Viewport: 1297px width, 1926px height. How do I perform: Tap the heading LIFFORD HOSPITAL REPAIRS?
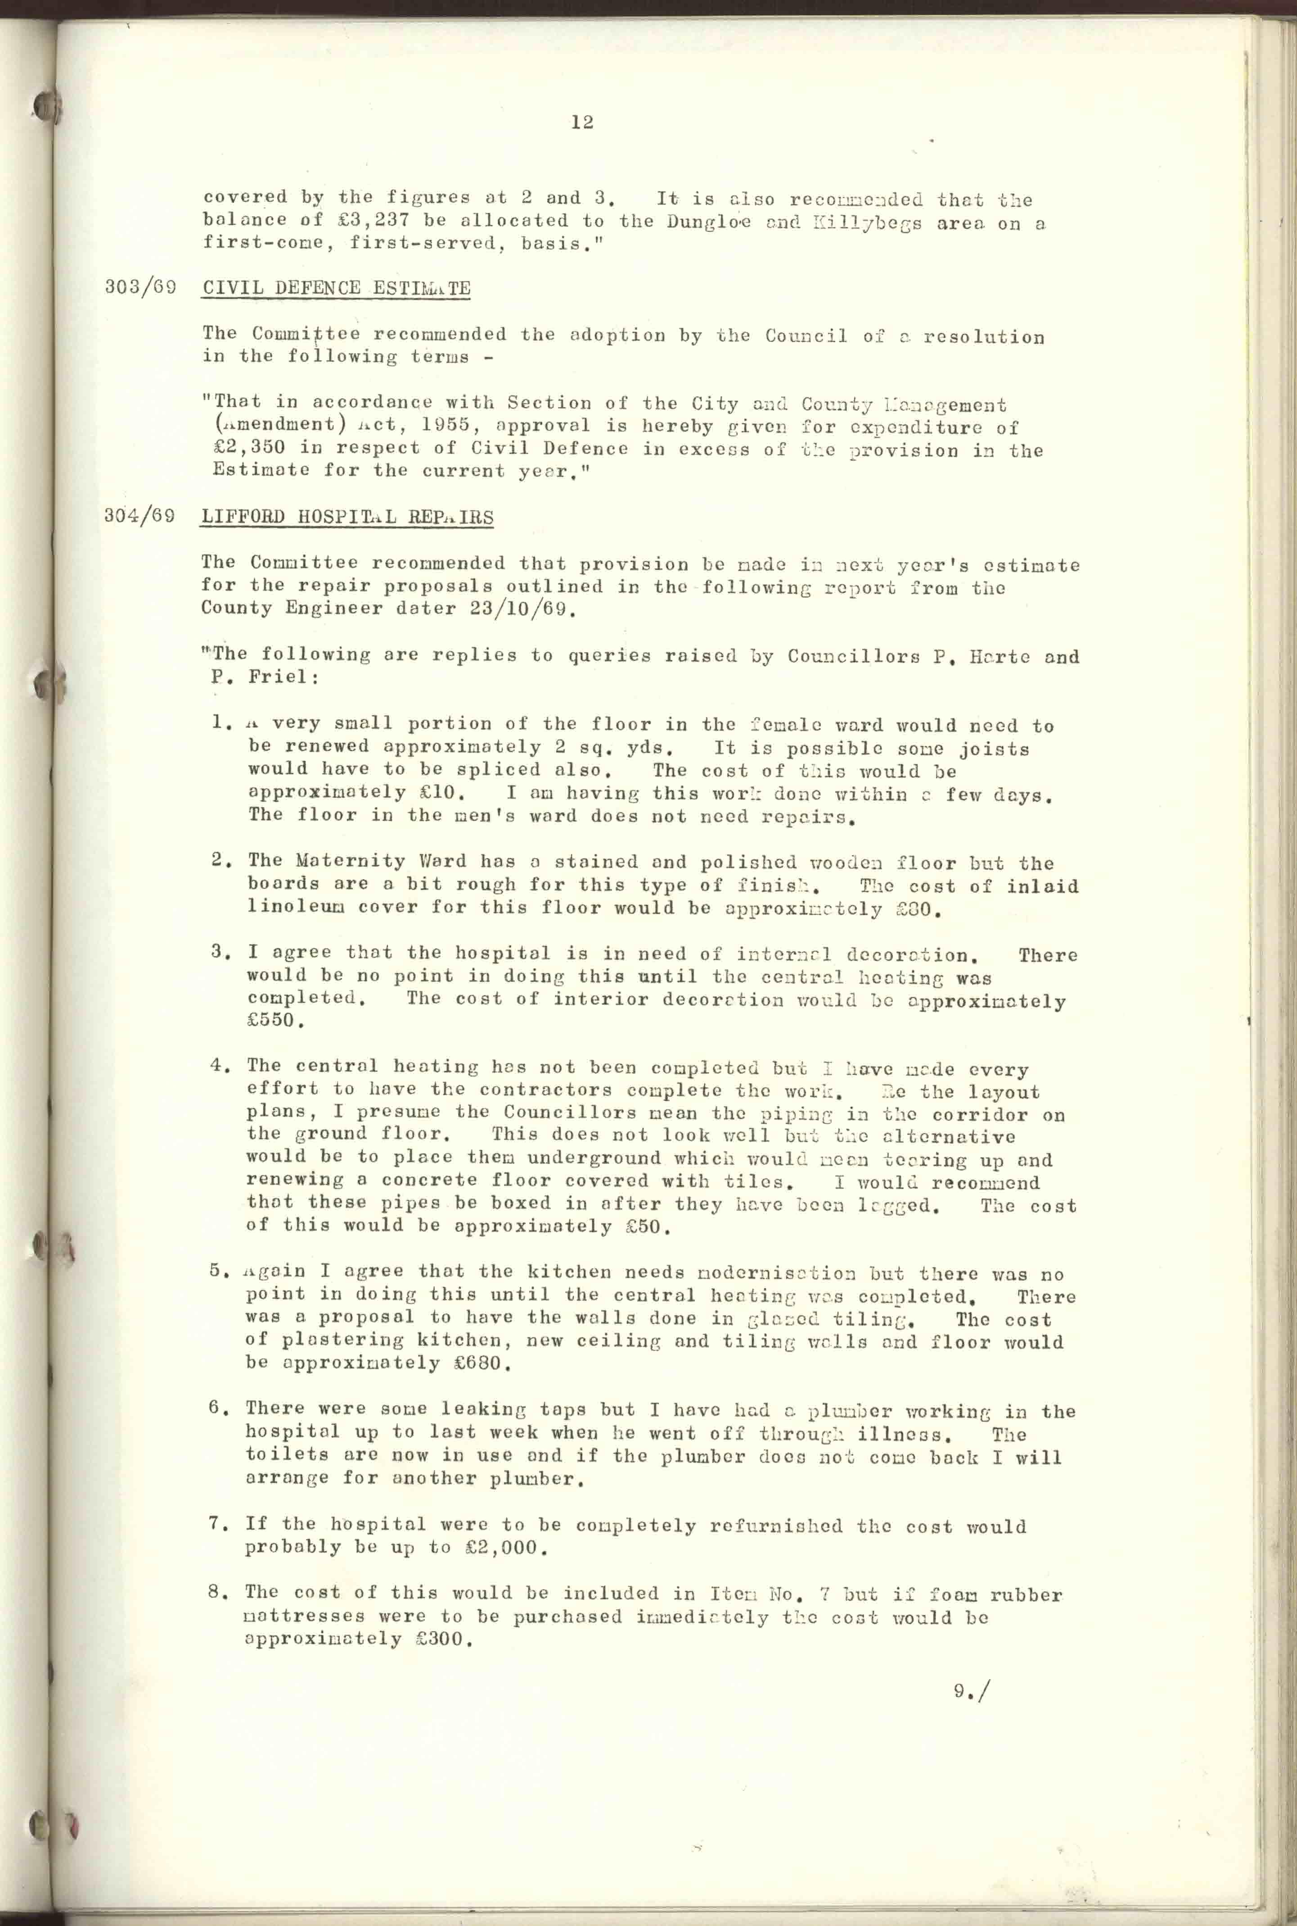point(347,517)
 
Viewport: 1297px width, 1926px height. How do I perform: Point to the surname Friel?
point(283,676)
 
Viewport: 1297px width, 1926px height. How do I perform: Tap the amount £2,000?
point(504,1547)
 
